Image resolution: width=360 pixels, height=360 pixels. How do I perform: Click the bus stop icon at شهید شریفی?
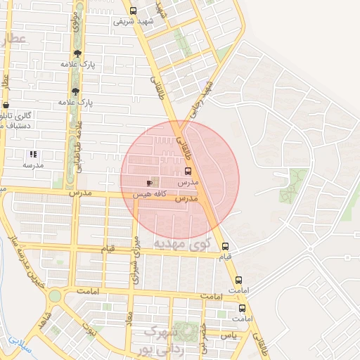[x=134, y=11]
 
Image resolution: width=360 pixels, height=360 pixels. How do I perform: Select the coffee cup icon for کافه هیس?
[x=149, y=183]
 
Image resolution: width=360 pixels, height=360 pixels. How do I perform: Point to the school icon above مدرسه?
[x=32, y=154]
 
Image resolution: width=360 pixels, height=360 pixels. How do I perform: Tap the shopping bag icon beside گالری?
[x=6, y=105]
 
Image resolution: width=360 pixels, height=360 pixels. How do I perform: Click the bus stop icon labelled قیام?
[x=225, y=246]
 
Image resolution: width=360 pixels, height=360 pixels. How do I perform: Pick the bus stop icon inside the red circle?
[x=188, y=171]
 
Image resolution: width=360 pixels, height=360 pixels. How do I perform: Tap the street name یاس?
[x=229, y=336]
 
